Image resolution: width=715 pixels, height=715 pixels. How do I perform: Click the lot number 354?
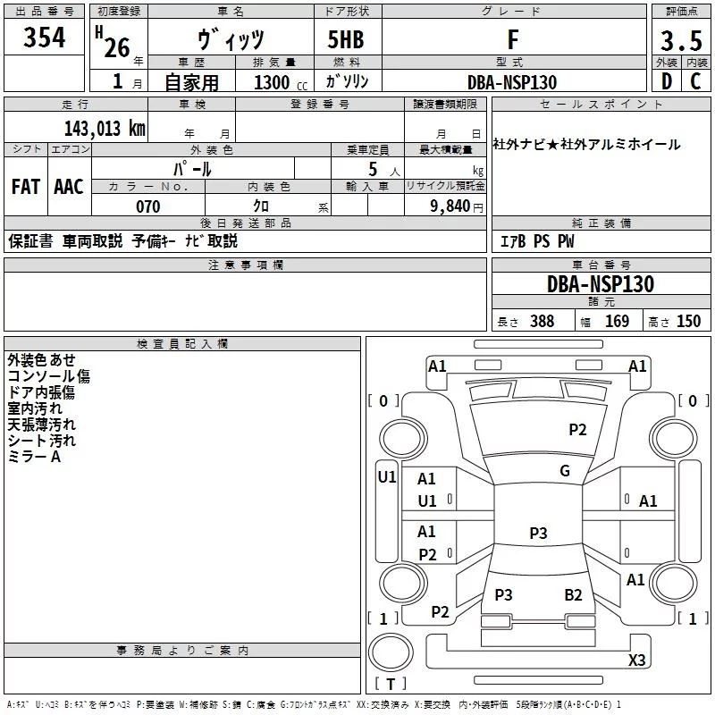pyautogui.click(x=44, y=39)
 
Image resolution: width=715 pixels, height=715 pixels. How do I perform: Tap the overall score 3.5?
pyautogui.click(x=679, y=42)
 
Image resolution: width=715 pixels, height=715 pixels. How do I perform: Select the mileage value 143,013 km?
pyautogui.click(x=105, y=128)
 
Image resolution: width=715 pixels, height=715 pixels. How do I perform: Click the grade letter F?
pyautogui.click(x=512, y=40)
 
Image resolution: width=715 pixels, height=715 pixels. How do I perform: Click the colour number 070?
pyautogui.click(x=147, y=206)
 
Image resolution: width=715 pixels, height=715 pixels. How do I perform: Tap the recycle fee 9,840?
pyautogui.click(x=451, y=206)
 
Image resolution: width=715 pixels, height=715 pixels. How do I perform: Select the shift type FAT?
pyautogui.click(x=25, y=187)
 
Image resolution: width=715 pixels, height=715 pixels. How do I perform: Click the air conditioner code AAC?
pyautogui.click(x=69, y=187)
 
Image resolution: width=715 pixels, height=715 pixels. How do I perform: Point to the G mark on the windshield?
pyautogui.click(x=565, y=471)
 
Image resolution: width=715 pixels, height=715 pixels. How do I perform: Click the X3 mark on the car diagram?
pyautogui.click(x=636, y=660)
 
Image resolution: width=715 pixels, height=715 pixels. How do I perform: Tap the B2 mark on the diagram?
pyautogui.click(x=573, y=595)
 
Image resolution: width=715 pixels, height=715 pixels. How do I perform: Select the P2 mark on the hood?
pyautogui.click(x=578, y=430)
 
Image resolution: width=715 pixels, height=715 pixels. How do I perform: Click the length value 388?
pyautogui.click(x=542, y=322)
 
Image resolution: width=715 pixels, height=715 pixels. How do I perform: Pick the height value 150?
pyautogui.click(x=688, y=322)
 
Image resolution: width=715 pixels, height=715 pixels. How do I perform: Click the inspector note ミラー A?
pyautogui.click(x=34, y=457)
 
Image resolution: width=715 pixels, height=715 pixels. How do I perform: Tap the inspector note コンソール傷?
pyautogui.click(x=48, y=376)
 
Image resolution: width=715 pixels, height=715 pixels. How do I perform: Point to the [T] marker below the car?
pyautogui.click(x=390, y=685)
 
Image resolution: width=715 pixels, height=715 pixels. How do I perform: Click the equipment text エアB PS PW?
pyautogui.click(x=537, y=242)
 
